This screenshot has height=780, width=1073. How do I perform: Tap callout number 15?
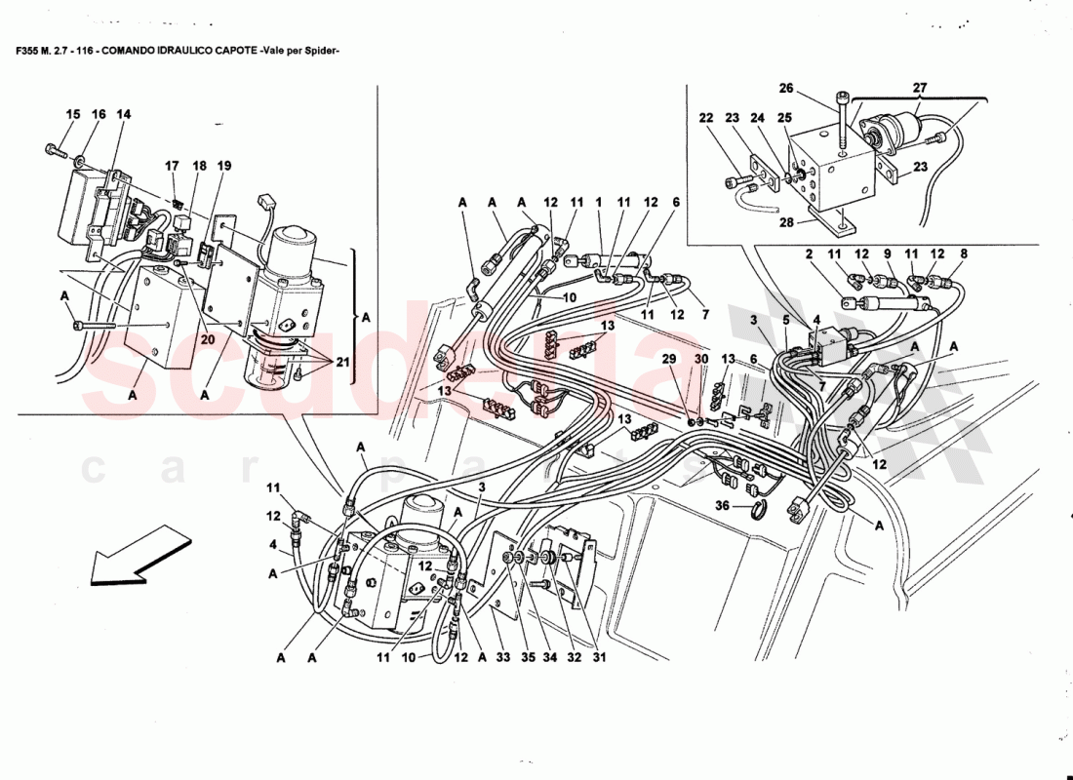point(73,114)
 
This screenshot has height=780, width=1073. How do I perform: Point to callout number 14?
point(123,114)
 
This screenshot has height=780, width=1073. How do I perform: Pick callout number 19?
point(224,166)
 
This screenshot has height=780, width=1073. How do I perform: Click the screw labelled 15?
point(54,150)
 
